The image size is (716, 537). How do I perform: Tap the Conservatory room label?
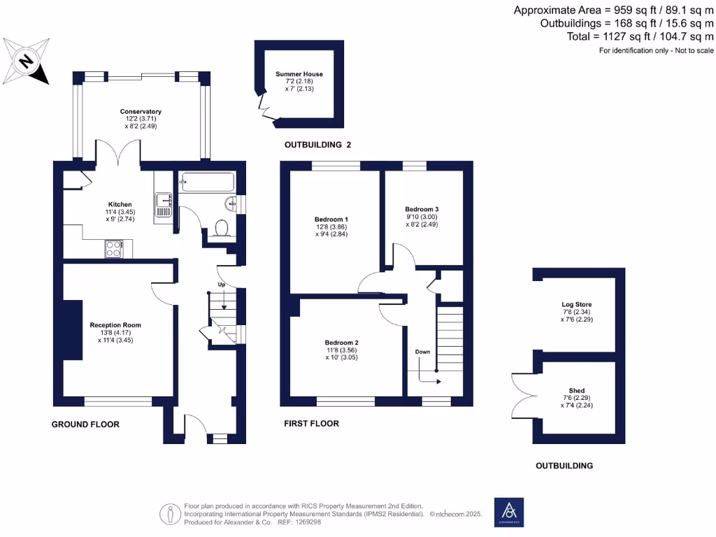[x=141, y=112]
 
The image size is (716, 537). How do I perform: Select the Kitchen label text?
[x=120, y=204]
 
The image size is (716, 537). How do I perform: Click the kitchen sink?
[x=164, y=204]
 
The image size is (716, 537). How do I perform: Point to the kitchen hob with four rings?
[x=114, y=248]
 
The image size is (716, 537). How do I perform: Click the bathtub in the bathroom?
[x=206, y=182]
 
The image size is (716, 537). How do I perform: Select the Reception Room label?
[x=115, y=325]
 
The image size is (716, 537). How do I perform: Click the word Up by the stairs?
[x=222, y=285]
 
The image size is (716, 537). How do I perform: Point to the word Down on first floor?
[x=422, y=352]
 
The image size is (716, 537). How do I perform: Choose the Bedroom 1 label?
[x=331, y=220]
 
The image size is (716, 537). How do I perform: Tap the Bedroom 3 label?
[x=422, y=209]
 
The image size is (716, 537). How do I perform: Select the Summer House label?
[x=299, y=74]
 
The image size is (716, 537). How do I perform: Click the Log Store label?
[x=576, y=305]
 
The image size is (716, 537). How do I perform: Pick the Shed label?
[x=577, y=391]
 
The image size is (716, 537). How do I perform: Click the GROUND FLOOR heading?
[x=85, y=424]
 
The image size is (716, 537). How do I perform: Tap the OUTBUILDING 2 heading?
[x=317, y=145]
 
